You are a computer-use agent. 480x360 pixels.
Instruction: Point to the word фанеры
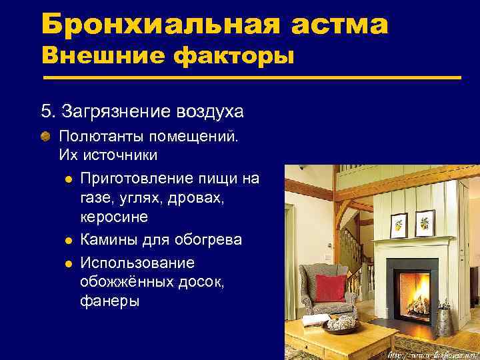[x=109, y=301]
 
